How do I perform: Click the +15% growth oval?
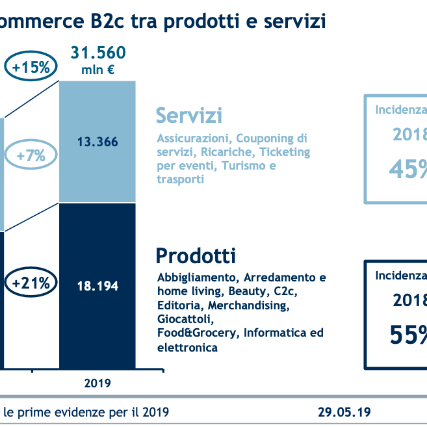pos(31,67)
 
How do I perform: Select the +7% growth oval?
pos(31,156)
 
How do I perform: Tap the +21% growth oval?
pos(31,284)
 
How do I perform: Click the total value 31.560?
pos(97,53)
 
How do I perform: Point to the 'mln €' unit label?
pos(97,70)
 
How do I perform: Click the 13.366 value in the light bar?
pos(97,142)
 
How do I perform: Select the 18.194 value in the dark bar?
pos(97,285)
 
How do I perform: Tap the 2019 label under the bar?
pos(97,383)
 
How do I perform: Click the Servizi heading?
pos(188,116)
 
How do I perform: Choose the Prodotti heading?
pos(196,255)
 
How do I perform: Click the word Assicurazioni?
pos(194,138)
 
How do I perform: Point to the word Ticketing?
pos(283,152)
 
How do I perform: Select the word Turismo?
pos(244,166)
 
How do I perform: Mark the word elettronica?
pos(187,347)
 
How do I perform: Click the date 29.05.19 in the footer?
pos(344,412)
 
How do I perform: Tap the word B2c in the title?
pos(104,21)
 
